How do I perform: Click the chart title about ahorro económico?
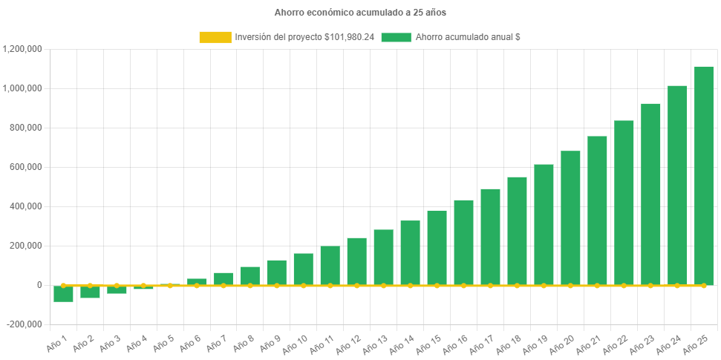[360, 13]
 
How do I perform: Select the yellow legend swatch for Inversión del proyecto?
[215, 37]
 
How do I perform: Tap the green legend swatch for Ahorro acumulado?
[396, 37]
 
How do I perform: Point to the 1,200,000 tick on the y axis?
[22, 49]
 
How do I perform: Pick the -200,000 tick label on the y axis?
[25, 324]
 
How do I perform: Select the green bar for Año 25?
[703, 175]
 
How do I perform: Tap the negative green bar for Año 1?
[63, 293]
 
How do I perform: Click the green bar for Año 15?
[437, 247]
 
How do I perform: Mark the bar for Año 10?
[303, 269]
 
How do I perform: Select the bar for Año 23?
[650, 194]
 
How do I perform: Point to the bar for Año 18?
[517, 230]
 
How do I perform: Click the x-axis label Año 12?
[346, 344]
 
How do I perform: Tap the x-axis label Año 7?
[215, 343]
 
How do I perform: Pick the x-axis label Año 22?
[613, 344]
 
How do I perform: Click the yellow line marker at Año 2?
[90, 285]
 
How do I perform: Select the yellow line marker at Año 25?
[703, 285]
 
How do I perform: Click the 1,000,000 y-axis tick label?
[22, 88]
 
